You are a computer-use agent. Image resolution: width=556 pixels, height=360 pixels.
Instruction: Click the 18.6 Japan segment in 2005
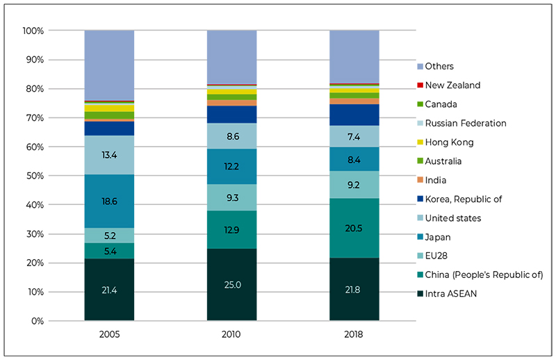pos(109,201)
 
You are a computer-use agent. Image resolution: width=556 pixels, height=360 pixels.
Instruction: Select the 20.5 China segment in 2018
pos(354,228)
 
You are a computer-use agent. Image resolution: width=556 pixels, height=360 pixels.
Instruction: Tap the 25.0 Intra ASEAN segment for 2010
pos(232,284)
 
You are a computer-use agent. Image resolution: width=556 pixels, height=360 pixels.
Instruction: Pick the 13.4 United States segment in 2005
pos(109,155)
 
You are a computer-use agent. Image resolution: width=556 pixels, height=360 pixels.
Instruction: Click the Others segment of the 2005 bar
pos(109,65)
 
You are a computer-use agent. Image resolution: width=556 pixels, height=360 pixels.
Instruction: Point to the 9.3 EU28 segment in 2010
pos(232,197)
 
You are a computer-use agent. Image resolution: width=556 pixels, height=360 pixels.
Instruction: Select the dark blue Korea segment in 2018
pos(354,115)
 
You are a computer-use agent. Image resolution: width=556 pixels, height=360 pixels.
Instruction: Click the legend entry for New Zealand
pos(448,85)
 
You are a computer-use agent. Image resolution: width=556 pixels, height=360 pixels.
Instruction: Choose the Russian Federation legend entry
pos(461,123)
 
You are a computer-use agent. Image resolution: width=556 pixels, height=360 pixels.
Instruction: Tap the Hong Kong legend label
pos(449,142)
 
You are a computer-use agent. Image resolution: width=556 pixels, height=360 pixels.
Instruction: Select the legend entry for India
pos(432,180)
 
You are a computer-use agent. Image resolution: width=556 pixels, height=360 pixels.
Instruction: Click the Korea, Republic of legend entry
pos(459,199)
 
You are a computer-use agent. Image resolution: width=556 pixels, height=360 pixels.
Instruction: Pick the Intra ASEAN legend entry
pos(447,294)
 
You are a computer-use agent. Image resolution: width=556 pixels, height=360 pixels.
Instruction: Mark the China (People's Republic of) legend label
pos(484,275)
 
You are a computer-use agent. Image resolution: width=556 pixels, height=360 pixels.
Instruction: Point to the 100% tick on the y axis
pos(33,31)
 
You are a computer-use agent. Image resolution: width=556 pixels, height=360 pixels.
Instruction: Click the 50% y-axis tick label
pos(35,176)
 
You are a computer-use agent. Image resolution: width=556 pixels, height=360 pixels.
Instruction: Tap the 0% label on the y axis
pos(38,321)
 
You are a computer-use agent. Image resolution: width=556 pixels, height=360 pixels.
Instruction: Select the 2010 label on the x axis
pos(231,334)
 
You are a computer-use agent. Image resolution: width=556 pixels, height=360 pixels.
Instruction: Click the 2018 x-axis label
pos(354,334)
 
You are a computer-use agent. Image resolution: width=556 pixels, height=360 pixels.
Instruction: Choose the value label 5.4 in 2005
pos(111,252)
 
